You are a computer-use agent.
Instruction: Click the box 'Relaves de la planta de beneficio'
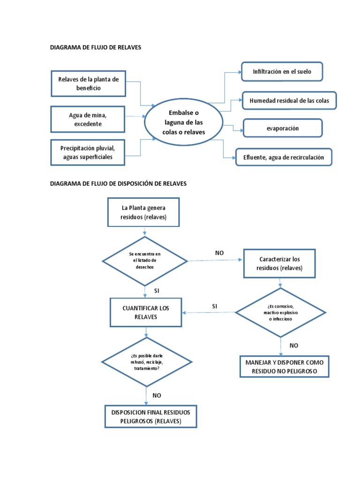tap(89, 83)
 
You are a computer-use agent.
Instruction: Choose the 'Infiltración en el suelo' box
tap(282, 72)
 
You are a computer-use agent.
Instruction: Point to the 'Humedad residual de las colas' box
tap(289, 101)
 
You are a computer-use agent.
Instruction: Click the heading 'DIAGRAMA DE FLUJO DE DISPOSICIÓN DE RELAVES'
tap(118, 184)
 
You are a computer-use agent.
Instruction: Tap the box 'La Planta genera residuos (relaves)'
tap(143, 212)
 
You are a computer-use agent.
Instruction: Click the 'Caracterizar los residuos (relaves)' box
tap(279, 263)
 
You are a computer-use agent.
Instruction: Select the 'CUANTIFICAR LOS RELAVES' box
tap(145, 313)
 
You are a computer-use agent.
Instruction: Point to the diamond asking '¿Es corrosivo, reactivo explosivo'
tap(280, 312)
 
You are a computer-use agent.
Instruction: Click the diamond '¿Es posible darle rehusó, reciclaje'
tap(146, 362)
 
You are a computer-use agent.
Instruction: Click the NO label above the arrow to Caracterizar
tap(219, 253)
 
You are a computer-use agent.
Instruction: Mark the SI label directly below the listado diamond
tap(157, 291)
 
